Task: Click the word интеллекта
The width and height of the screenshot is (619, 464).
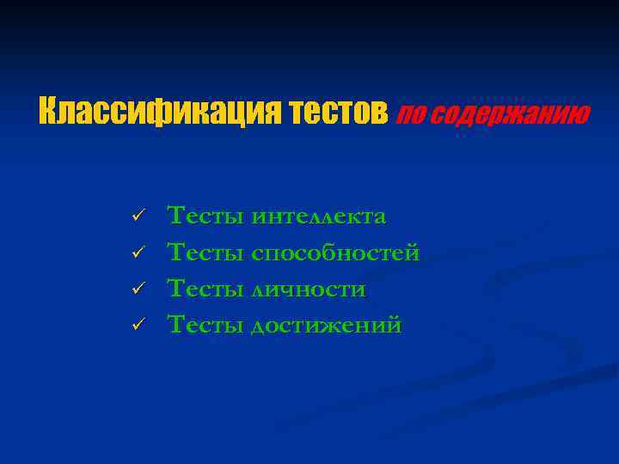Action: point(319,217)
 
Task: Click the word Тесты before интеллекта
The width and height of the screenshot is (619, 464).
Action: point(205,216)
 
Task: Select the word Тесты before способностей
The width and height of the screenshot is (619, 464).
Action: point(205,253)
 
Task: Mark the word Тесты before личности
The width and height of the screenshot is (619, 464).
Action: point(205,289)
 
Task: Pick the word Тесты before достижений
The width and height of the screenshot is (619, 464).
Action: point(205,325)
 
